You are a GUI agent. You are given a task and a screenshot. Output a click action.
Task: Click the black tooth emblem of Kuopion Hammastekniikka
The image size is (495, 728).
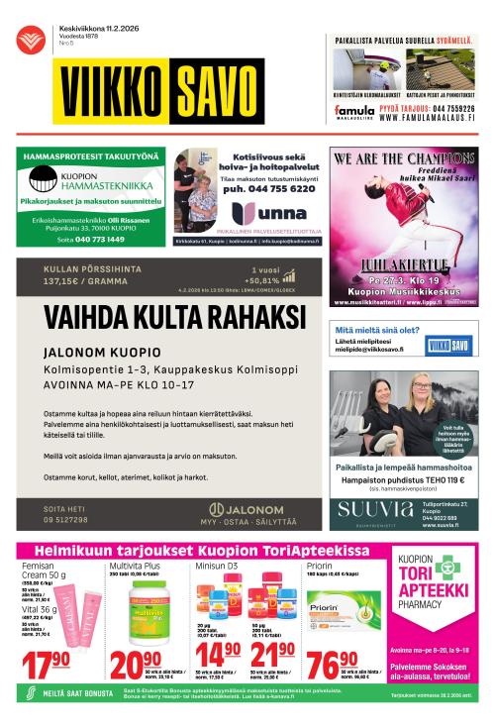coord(44,180)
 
